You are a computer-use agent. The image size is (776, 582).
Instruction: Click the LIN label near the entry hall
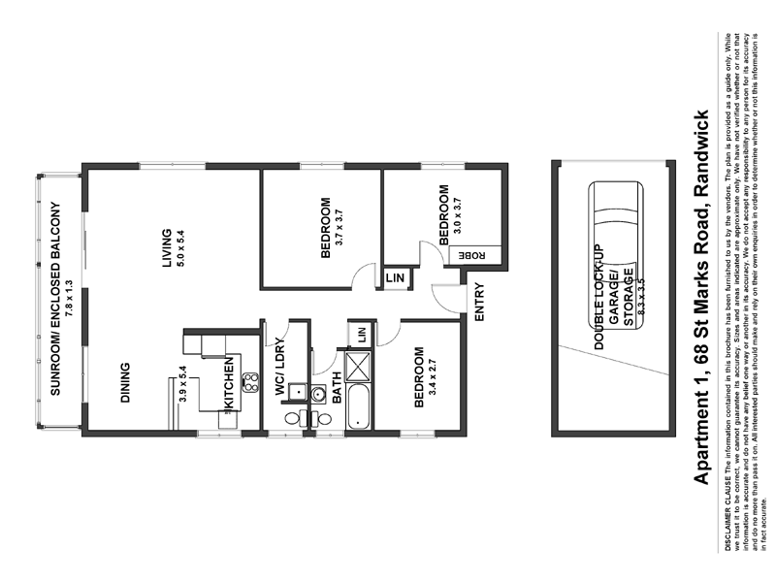pyautogui.click(x=395, y=278)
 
